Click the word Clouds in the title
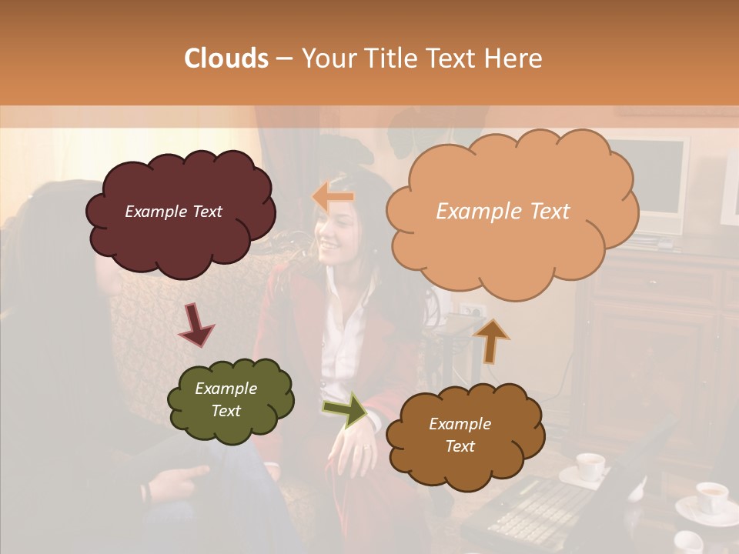tap(227, 58)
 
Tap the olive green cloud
tap(230, 427)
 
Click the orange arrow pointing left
tap(333, 197)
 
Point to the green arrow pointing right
tap(344, 410)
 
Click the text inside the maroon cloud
tap(173, 212)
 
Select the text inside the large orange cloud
tap(503, 212)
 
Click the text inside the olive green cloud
tap(226, 399)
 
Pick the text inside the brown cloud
tap(460, 435)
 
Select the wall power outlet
tap(471, 310)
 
